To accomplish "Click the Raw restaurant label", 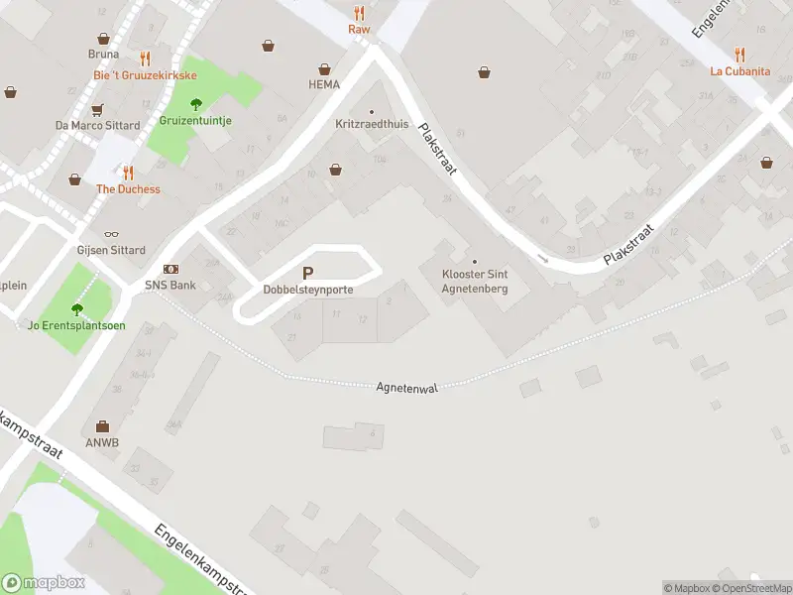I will (x=359, y=30).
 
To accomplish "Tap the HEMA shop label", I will (x=324, y=84).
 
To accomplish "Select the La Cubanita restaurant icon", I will (x=739, y=55).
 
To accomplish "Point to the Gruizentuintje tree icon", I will (x=196, y=103).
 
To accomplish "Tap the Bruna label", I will (x=103, y=55).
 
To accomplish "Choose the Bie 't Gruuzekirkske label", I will (x=145, y=75).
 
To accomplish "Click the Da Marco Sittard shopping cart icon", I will (x=97, y=109).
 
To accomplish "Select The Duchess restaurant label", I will (x=128, y=189).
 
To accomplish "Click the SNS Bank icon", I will (x=170, y=270).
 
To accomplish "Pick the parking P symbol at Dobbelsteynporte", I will (x=307, y=274).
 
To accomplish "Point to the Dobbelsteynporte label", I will (x=308, y=290).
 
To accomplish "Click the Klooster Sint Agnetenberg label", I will (x=475, y=282).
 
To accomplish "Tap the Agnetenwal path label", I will (x=406, y=387).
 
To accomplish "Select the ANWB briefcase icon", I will (x=102, y=426).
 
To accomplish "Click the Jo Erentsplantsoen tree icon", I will (x=76, y=308).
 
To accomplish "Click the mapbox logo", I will (x=45, y=582).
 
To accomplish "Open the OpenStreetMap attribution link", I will (x=750, y=588).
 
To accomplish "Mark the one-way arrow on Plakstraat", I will (x=543, y=259).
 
